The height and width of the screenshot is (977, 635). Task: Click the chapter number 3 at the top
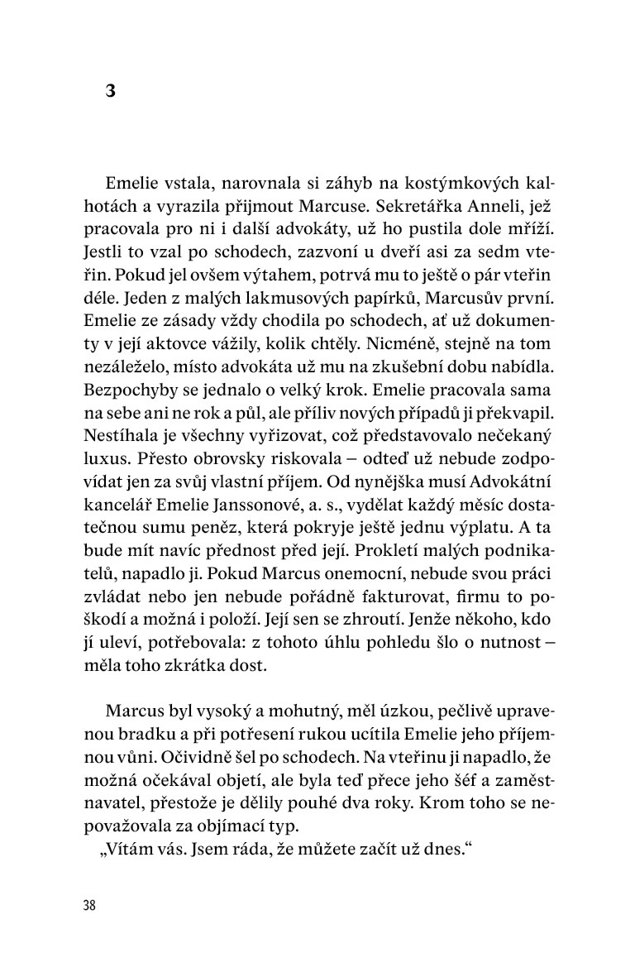(110, 92)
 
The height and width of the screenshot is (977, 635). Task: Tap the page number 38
(89, 904)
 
